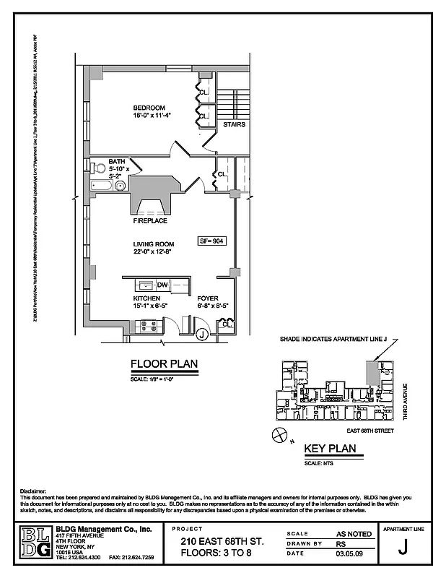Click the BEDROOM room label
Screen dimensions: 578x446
(x=149, y=108)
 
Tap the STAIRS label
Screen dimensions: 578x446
(x=234, y=124)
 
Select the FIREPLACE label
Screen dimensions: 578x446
(x=149, y=220)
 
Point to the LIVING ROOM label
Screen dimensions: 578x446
(x=153, y=244)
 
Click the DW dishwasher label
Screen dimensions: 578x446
(x=162, y=285)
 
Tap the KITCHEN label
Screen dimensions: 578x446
(x=146, y=298)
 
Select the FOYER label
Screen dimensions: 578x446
(x=209, y=298)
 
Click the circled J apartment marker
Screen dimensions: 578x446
(x=203, y=333)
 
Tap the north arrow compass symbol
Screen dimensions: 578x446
(x=278, y=434)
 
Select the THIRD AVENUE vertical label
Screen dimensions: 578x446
(x=406, y=402)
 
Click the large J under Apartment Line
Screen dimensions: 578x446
(x=406, y=547)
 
